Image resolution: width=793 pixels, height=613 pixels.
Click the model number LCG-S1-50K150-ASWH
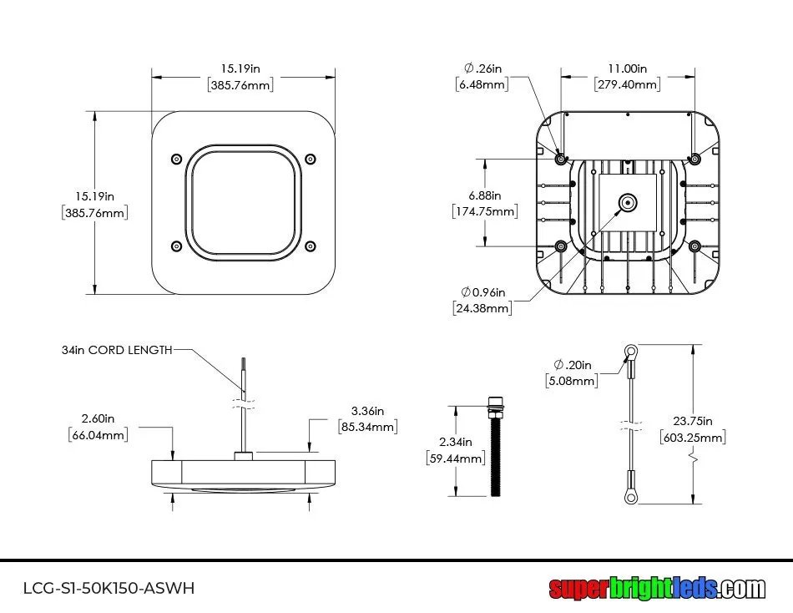pyautogui.click(x=109, y=588)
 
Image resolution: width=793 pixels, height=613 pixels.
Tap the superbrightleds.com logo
pyautogui.click(x=656, y=588)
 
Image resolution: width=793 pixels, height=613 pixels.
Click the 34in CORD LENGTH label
pyautogui.click(x=117, y=350)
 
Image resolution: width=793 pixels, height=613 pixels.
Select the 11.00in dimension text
pyautogui.click(x=627, y=69)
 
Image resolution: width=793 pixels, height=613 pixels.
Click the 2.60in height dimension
pyautogui.click(x=98, y=418)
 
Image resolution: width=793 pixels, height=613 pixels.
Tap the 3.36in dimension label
pyautogui.click(x=367, y=411)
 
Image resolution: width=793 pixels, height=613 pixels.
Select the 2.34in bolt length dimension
pyautogui.click(x=457, y=442)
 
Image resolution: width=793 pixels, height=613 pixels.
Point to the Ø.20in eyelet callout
pyautogui.click(x=572, y=365)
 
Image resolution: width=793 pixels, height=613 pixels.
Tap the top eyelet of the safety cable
pyautogui.click(x=632, y=352)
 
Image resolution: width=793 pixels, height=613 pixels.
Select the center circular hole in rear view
pyautogui.click(x=627, y=201)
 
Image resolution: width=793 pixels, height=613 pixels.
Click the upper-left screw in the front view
pyautogui.click(x=175, y=159)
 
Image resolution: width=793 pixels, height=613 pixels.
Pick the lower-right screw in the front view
pyautogui.click(x=311, y=246)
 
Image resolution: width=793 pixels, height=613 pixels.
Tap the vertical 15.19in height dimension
pyautogui.click(x=94, y=196)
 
